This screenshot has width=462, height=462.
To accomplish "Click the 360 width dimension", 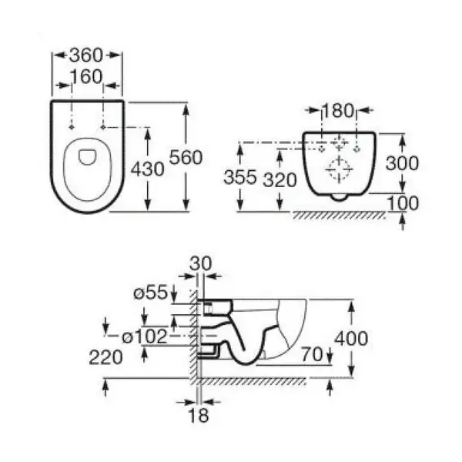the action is coord(86,55).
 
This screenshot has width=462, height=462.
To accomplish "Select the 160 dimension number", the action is coord(86,76).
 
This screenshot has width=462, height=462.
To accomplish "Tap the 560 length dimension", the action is coord(186,157).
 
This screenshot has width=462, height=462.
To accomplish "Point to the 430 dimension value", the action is coord(148,169).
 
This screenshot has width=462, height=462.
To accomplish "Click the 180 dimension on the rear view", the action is coord(338,110).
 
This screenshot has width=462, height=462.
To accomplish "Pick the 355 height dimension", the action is coord(240,177).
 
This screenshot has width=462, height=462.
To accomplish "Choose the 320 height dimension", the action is coord(280,179).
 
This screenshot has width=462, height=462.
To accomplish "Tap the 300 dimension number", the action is coord(402,163).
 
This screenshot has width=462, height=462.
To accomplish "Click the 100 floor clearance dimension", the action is coord(403,203).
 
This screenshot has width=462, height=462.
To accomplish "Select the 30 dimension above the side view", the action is coord(201,263).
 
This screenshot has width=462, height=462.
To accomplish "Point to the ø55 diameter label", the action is coord(151,293).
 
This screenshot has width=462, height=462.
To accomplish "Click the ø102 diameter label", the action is coord(145,336).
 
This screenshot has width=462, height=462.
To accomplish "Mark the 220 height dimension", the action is coord(105,357).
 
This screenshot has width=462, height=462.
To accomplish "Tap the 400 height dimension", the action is coord(351,338).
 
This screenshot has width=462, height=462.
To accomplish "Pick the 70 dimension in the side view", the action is coord(313,354).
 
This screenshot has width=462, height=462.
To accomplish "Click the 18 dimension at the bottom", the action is coord(199,416).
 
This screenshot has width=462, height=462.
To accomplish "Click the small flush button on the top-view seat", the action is coord(87,157).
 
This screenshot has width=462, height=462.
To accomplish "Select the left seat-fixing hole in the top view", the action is coord(72,127).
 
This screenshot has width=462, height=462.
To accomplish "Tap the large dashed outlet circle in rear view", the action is coord(339,169).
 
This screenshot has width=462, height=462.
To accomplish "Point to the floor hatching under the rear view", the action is coord(339,216).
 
